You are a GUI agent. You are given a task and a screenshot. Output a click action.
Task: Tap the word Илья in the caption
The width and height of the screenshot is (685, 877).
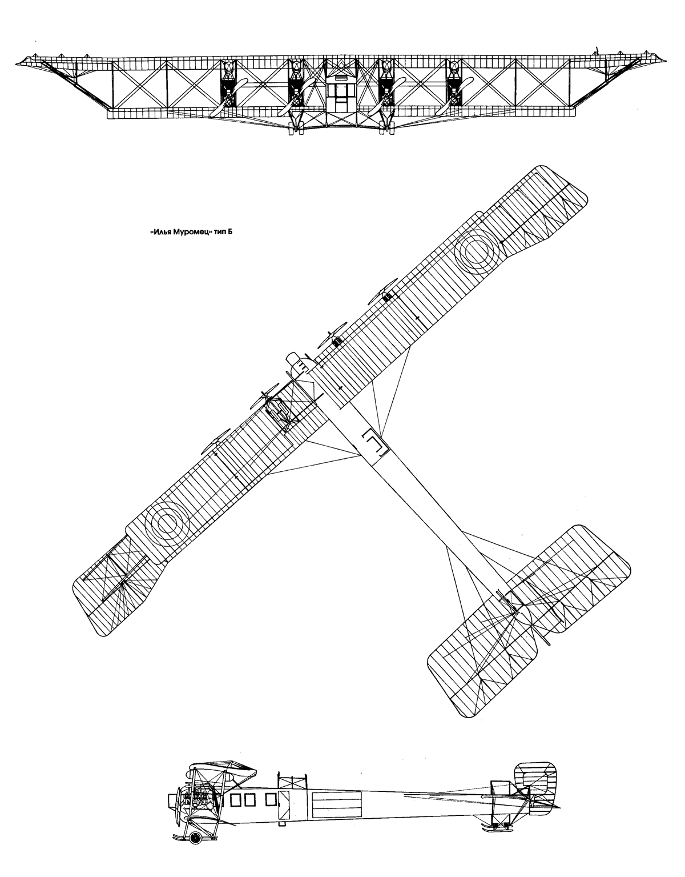click(160, 233)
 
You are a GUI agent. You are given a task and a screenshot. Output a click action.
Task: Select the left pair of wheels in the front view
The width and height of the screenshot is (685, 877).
click(296, 130)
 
